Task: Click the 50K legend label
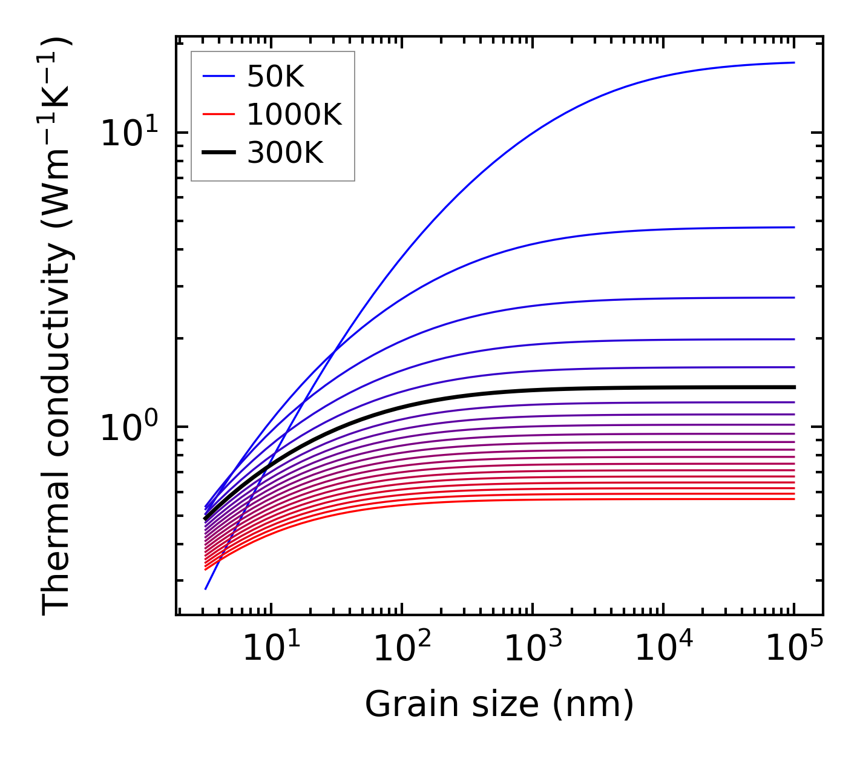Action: pos(275,76)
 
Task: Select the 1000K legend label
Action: pos(294,114)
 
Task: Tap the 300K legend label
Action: pos(285,153)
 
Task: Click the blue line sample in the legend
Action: pos(218,76)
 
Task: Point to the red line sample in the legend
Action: pos(218,114)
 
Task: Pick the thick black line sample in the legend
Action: pos(218,153)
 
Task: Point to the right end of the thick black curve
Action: pos(793,387)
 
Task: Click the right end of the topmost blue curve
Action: pos(793,62)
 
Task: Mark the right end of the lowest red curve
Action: pos(793,499)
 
